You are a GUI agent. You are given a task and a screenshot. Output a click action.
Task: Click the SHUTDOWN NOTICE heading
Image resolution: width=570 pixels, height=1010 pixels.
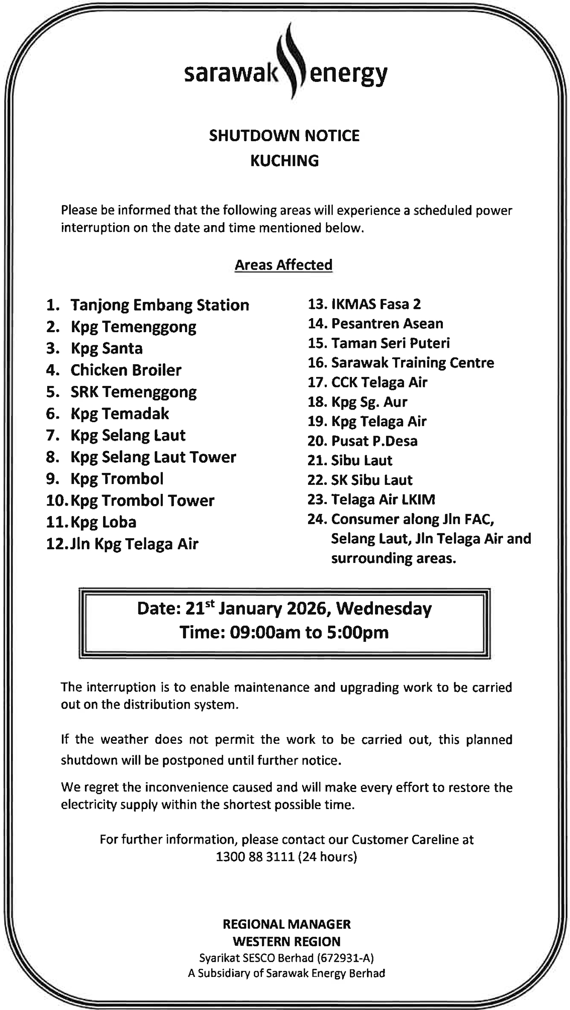(x=284, y=136)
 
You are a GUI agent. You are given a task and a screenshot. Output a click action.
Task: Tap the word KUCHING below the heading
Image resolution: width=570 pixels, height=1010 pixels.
(x=284, y=161)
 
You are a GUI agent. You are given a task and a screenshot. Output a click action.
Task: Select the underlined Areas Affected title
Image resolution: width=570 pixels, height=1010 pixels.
(x=283, y=265)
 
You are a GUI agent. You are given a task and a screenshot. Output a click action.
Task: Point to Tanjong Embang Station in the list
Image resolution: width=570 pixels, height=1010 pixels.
(x=159, y=305)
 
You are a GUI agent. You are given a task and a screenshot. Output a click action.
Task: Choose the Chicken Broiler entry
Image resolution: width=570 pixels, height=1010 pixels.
(x=126, y=370)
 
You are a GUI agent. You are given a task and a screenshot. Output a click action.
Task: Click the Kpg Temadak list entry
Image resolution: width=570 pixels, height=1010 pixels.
(x=120, y=414)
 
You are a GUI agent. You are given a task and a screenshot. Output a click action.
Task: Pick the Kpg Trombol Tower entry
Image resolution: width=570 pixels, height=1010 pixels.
(x=142, y=500)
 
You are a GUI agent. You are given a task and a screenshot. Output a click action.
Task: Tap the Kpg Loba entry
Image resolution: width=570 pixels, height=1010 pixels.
(x=104, y=522)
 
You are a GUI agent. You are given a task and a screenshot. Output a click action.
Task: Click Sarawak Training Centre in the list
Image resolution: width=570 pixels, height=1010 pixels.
(x=412, y=363)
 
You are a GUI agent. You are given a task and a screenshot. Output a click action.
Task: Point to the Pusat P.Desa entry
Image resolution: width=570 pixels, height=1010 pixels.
(x=374, y=441)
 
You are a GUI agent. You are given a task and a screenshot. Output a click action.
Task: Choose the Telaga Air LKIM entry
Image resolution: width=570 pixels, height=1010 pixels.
(x=383, y=499)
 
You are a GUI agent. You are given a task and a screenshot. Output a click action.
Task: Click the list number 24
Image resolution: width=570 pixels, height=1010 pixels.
(x=317, y=519)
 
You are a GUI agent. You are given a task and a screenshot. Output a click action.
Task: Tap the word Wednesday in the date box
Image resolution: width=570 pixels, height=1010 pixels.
(x=384, y=609)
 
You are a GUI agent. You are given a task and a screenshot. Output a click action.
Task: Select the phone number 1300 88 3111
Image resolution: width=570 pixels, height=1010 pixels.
(x=254, y=857)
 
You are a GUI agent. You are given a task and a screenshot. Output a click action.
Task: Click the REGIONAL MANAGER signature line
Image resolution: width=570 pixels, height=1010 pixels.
(x=287, y=924)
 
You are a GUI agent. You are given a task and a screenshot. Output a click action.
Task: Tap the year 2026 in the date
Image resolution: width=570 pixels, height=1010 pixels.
(x=308, y=609)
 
